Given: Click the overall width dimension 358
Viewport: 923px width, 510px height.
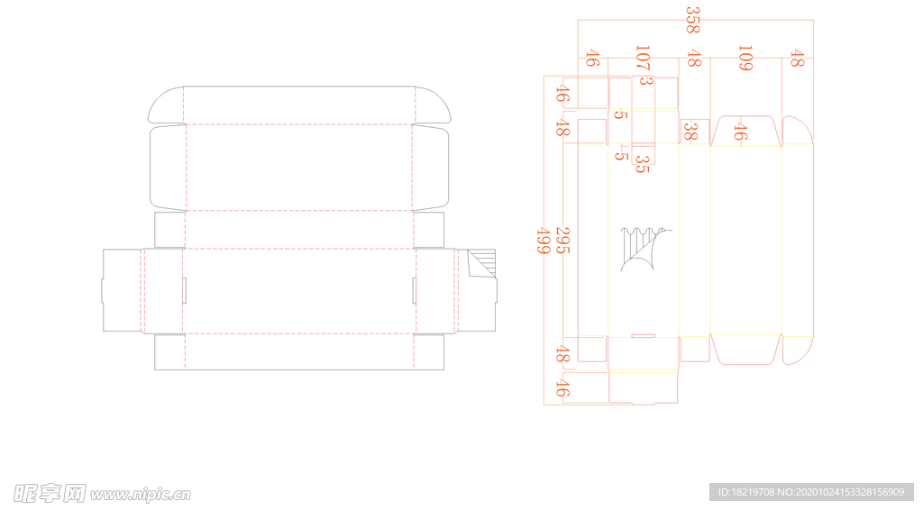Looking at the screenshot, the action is (693, 20).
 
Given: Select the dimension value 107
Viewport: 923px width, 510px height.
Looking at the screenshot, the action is (643, 58).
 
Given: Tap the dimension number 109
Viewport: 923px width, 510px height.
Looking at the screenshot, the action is (745, 58).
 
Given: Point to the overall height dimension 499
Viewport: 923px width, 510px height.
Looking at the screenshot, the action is (543, 241).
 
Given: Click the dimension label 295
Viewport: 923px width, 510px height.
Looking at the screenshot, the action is (562, 241).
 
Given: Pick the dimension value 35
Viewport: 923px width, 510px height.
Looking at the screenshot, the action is (642, 164).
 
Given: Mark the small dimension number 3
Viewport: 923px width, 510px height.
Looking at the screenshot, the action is (645, 80).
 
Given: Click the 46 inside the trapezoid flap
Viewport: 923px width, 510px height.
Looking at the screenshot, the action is (740, 132).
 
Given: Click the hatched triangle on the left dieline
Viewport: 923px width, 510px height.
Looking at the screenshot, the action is (482, 263).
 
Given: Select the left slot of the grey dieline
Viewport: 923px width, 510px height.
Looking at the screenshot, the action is (184, 290).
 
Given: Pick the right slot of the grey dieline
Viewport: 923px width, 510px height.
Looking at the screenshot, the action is (415, 290).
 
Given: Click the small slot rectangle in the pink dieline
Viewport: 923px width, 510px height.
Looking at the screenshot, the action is (644, 336).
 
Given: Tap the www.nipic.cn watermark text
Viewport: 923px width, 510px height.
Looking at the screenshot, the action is (141, 495).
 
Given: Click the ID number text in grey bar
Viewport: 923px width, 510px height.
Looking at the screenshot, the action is (811, 492).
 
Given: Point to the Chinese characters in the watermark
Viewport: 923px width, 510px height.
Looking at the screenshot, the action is (50, 494).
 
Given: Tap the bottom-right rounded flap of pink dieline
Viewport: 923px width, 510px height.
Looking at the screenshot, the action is (798, 351).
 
